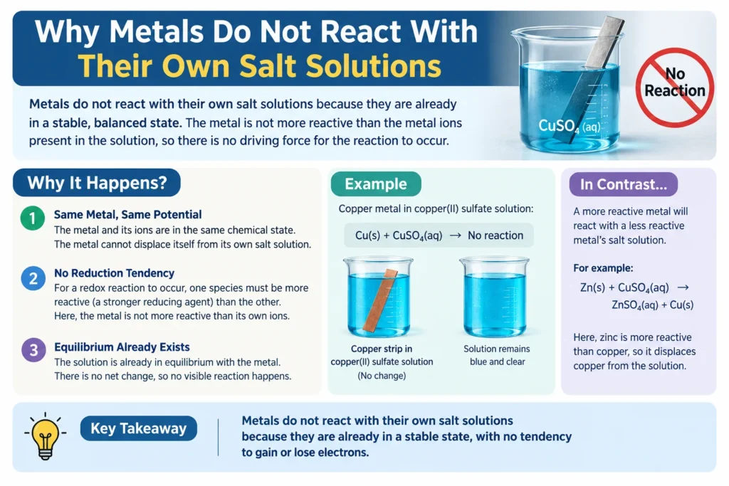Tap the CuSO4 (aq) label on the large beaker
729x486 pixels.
[569, 126]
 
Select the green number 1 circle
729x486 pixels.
[33, 218]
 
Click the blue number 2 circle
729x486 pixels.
[33, 278]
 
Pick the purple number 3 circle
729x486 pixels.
[33, 350]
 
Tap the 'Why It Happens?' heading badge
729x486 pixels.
[97, 183]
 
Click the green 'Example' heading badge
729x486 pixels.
[376, 184]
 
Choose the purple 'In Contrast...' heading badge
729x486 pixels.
[624, 184]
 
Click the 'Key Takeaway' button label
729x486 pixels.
[139, 428]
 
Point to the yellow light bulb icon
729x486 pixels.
[45, 435]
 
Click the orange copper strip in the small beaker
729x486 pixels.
[380, 300]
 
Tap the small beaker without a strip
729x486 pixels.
[495, 297]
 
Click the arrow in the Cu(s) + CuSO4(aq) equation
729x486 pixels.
[455, 236]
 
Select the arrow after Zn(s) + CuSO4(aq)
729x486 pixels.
[683, 287]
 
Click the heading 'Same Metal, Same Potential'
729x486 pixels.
[128, 215]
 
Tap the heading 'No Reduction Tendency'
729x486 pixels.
[115, 273]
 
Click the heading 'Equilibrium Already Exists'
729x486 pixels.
[122, 347]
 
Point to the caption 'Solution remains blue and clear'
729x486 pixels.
[496, 355]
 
